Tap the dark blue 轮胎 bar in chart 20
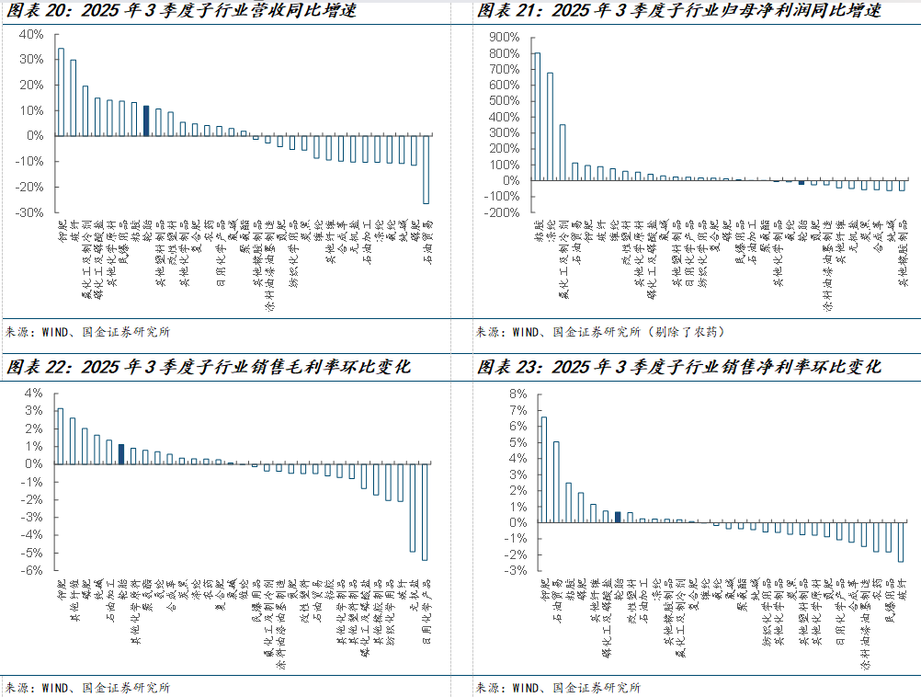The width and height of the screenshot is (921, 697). (146, 120)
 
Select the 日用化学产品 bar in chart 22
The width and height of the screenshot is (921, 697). (425, 511)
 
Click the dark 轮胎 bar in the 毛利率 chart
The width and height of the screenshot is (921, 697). (121, 454)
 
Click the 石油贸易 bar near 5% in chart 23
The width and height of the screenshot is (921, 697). (555, 482)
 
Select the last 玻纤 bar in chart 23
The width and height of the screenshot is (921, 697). (901, 543)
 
